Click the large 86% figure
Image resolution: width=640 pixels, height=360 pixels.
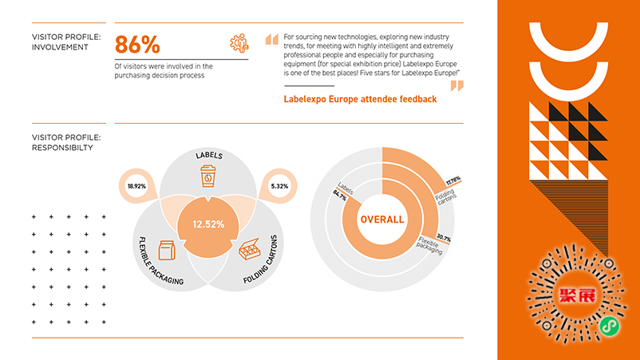click(139, 45)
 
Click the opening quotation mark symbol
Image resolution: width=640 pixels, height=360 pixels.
click(271, 39)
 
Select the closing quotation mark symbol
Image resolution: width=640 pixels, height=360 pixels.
click(456, 85)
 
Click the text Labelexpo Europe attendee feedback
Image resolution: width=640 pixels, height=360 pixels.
click(360, 99)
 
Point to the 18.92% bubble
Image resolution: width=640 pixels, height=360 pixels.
click(137, 186)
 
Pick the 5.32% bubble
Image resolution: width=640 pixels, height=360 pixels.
click(279, 186)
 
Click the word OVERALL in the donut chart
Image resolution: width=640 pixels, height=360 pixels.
click(381, 220)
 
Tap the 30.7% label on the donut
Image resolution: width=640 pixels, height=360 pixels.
click(444, 239)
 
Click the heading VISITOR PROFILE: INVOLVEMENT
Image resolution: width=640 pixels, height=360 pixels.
click(67, 41)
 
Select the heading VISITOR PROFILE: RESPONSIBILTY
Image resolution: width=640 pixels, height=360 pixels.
click(67, 142)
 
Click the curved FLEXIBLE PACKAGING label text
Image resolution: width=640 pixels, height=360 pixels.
click(160, 260)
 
